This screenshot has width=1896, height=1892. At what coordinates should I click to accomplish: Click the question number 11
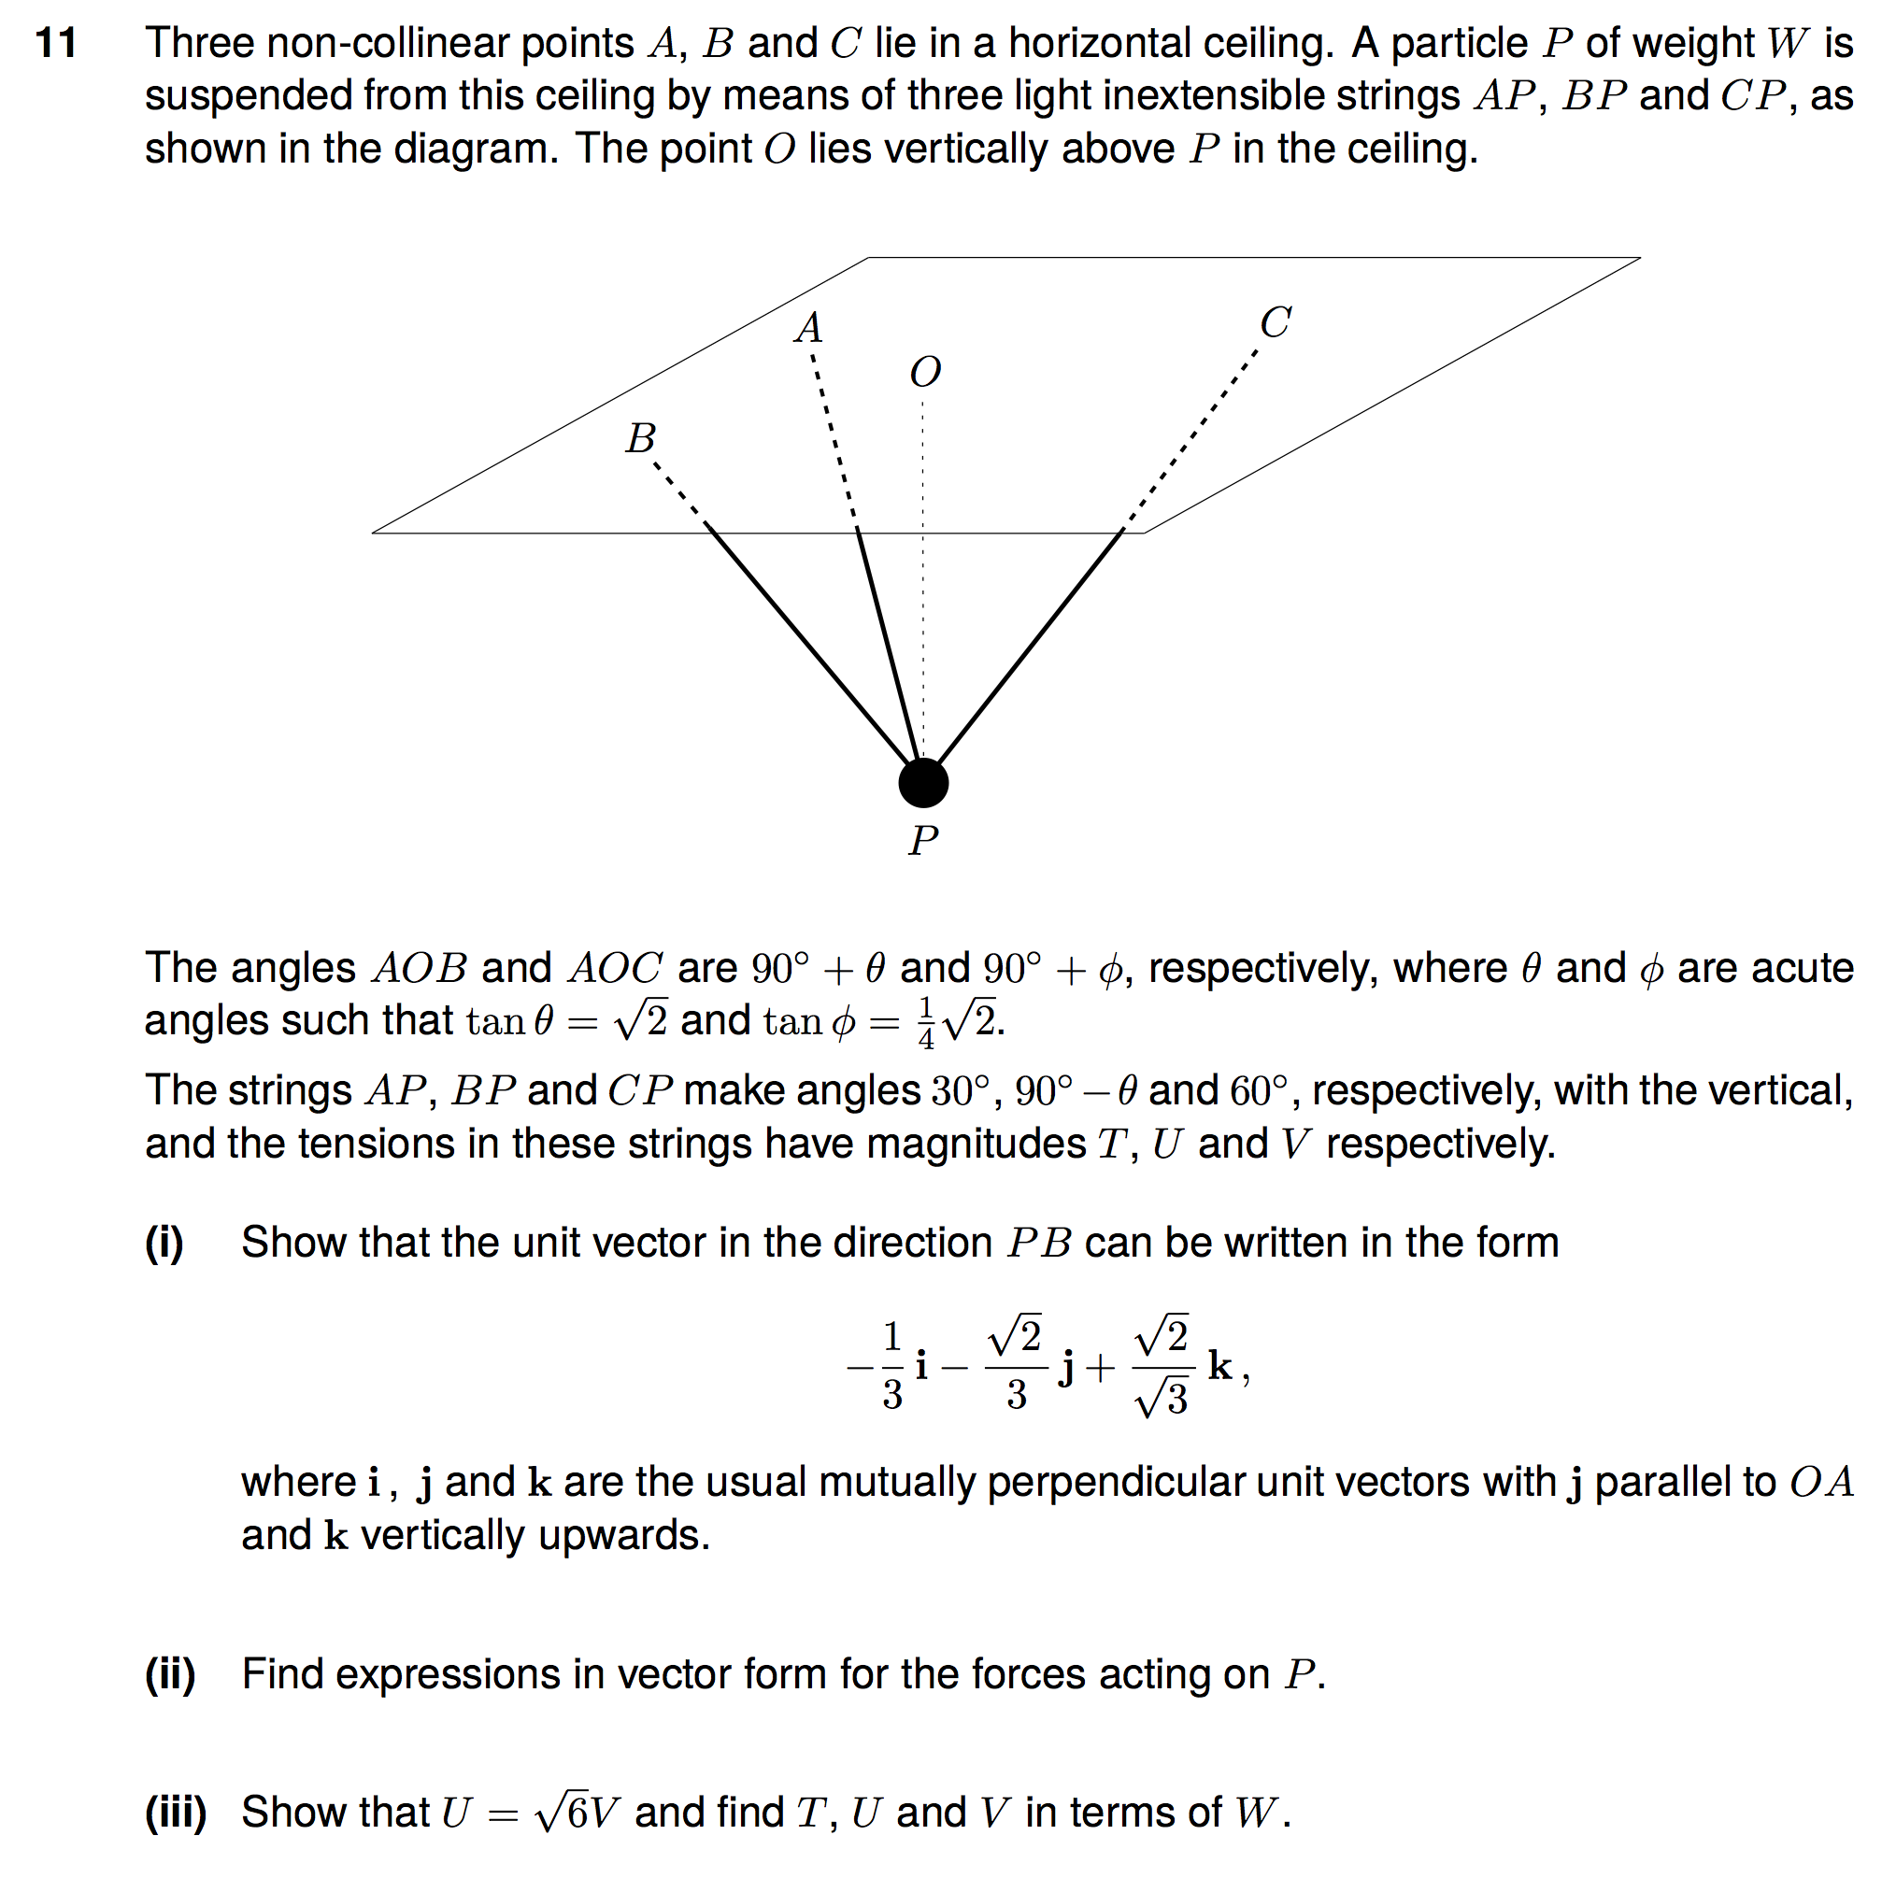pyautogui.click(x=56, y=43)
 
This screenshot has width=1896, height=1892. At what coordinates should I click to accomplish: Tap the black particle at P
pyautogui.click(x=923, y=783)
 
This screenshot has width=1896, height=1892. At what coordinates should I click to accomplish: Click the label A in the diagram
pyautogui.click(x=808, y=328)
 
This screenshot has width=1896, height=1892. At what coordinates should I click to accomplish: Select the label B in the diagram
pyautogui.click(x=641, y=438)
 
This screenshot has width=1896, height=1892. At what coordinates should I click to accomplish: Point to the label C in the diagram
pyautogui.click(x=1275, y=323)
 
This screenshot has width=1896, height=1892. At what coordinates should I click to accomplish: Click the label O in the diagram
pyautogui.click(x=924, y=372)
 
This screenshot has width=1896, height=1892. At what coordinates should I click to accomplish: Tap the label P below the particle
pyautogui.click(x=923, y=841)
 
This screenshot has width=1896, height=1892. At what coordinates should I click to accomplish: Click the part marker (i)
pyautogui.click(x=164, y=1244)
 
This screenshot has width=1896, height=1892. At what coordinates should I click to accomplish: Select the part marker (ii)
pyautogui.click(x=171, y=1674)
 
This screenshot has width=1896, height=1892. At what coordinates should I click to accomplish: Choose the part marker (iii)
pyautogui.click(x=176, y=1813)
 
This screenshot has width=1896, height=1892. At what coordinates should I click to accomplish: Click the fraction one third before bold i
pyautogui.click(x=891, y=1366)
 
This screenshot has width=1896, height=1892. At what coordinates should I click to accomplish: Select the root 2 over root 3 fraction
pyautogui.click(x=1162, y=1366)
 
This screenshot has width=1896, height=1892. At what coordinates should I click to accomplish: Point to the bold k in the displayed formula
pyautogui.click(x=1219, y=1365)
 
